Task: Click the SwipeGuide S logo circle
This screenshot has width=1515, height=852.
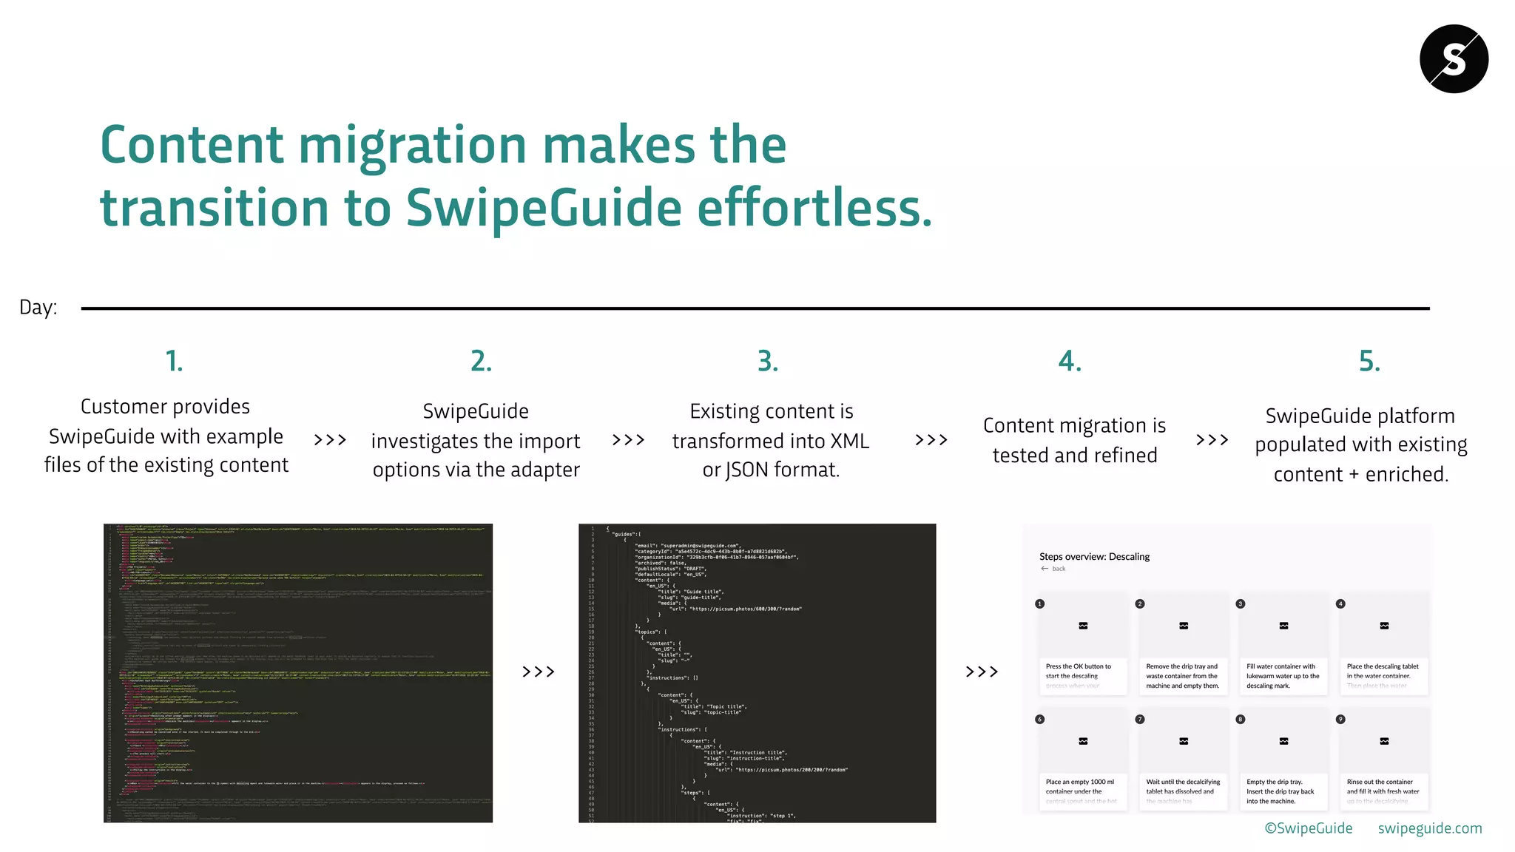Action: tap(1454, 59)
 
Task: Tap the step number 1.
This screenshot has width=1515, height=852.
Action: tap(174, 362)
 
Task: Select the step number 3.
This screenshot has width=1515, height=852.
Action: tap(767, 362)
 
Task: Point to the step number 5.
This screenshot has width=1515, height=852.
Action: tap(1369, 362)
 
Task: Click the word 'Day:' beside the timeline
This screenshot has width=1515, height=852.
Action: tap(38, 308)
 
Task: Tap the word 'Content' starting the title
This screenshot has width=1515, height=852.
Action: tap(192, 145)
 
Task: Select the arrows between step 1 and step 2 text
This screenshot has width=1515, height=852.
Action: tap(330, 440)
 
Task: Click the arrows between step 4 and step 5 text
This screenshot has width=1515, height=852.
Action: tap(1212, 440)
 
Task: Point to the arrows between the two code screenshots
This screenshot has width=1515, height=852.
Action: tap(538, 672)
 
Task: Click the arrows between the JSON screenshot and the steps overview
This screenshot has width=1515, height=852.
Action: tap(982, 672)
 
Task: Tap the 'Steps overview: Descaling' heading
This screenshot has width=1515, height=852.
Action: tap(1094, 557)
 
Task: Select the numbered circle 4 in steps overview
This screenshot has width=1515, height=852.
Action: tap(1340, 604)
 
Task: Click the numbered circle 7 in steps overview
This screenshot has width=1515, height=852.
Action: tap(1140, 720)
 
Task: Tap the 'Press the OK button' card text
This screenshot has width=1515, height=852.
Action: tap(1078, 672)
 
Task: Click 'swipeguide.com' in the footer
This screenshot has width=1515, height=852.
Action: tap(1429, 828)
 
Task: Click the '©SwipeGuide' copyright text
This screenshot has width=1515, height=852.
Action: tap(1308, 828)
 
